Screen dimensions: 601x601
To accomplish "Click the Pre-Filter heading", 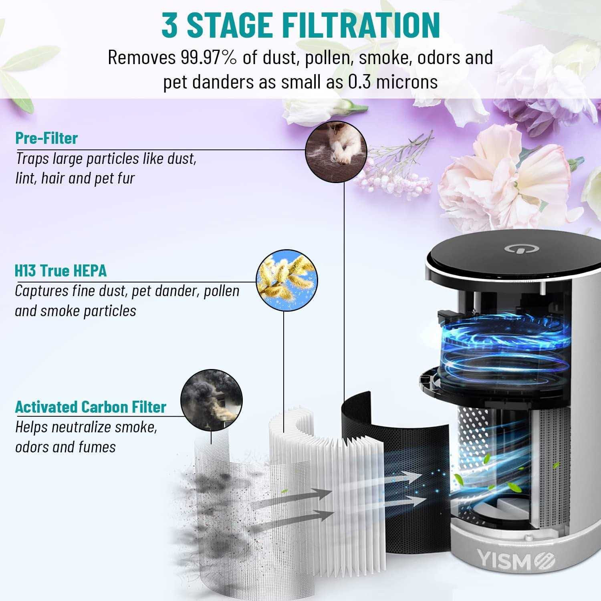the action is click(46, 138).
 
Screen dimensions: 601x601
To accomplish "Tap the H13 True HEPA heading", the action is click(61, 271).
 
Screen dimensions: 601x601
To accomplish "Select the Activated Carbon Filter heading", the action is click(91, 407).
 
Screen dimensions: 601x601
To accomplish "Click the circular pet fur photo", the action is click(336, 152).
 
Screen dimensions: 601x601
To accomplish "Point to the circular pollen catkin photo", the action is click(286, 282).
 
